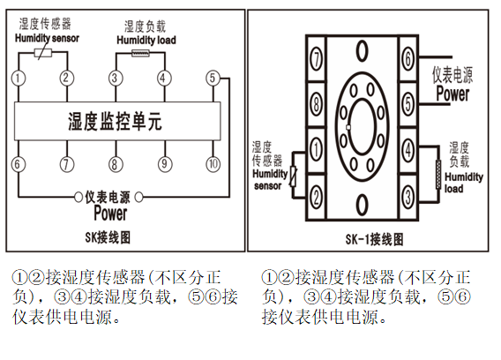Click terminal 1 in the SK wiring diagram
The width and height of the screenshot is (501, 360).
pyautogui.click(x=19, y=78)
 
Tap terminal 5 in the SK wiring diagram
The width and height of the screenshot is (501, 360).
pyautogui.click(x=213, y=78)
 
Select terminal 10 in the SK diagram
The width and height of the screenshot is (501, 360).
pyautogui.click(x=213, y=164)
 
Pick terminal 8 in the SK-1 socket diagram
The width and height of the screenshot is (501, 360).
pyautogui.click(x=316, y=103)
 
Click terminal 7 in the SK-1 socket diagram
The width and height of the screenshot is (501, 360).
pyautogui.click(x=316, y=59)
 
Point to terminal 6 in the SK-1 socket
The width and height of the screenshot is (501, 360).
pyautogui.click(x=408, y=59)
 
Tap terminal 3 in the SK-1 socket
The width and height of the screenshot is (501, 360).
pyautogui.click(x=408, y=197)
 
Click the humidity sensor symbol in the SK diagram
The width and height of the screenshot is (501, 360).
pyautogui.click(x=43, y=52)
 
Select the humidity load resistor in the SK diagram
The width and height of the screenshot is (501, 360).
pyautogui.click(x=140, y=53)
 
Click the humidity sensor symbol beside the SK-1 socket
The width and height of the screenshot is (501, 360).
pyautogui.click(x=293, y=176)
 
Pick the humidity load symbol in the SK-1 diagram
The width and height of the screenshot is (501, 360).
pyautogui.click(x=438, y=174)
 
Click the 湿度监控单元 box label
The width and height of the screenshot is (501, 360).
pyautogui.click(x=115, y=122)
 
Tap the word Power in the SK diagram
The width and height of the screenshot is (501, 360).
pyautogui.click(x=110, y=213)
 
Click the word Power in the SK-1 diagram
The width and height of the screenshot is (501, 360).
pyautogui.click(x=453, y=94)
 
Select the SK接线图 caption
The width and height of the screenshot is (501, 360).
pyautogui.click(x=108, y=237)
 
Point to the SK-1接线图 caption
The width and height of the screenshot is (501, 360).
pyautogui.click(x=375, y=239)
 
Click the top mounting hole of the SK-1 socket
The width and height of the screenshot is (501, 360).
pyautogui.click(x=362, y=51)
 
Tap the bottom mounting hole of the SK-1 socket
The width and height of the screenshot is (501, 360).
pyautogui.click(x=362, y=205)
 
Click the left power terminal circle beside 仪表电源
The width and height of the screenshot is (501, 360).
pyautogui.click(x=79, y=197)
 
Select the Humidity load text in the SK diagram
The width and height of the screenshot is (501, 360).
pyautogui.click(x=146, y=40)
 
